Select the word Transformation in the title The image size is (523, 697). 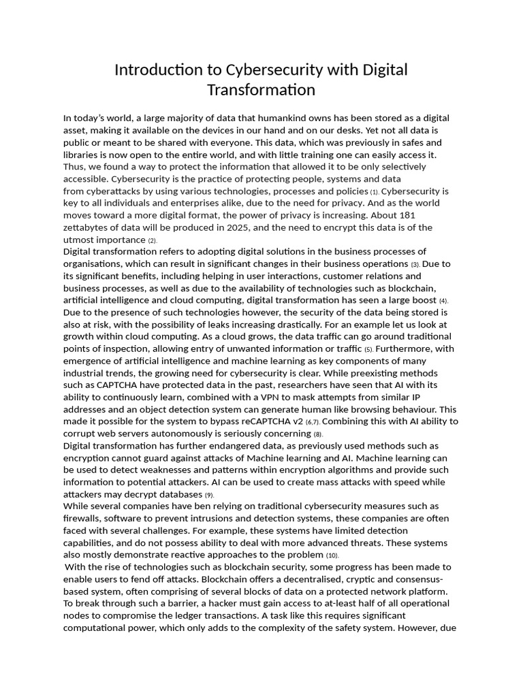pyautogui.click(x=261, y=90)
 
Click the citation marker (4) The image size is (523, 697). pyautogui.click(x=443, y=301)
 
